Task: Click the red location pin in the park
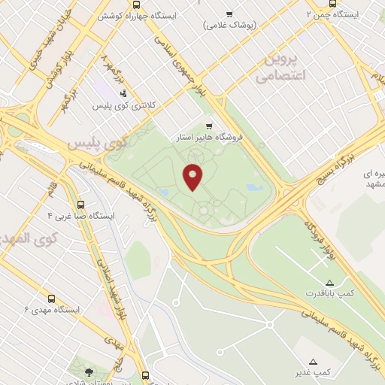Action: pos(193,177)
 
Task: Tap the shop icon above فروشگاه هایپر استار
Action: pos(208,126)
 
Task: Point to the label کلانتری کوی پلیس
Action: pos(123,106)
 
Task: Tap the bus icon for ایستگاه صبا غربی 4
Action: pos(80,204)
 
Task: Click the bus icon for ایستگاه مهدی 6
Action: pos(51,299)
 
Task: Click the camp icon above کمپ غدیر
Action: pos(313,361)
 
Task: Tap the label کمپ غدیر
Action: pos(313,372)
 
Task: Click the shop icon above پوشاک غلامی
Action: pos(229,14)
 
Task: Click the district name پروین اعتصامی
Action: pos(279,67)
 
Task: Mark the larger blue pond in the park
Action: pos(254,187)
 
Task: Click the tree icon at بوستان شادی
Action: pos(89,371)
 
